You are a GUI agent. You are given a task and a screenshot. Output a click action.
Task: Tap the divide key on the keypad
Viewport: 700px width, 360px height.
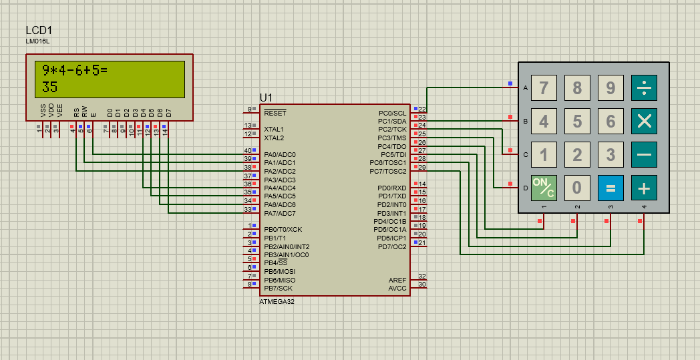(644, 87)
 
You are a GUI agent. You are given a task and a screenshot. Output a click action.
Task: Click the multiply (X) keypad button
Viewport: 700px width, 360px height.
(644, 121)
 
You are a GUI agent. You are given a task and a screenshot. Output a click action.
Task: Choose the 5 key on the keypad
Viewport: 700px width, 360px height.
(577, 121)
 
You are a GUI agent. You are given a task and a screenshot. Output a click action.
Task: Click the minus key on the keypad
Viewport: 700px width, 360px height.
(644, 155)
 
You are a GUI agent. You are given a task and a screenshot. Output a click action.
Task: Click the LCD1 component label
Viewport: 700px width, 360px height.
(39, 30)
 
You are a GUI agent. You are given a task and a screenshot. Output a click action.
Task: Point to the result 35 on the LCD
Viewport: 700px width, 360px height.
(50, 87)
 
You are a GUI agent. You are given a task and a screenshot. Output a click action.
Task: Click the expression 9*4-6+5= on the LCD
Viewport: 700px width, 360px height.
(75, 70)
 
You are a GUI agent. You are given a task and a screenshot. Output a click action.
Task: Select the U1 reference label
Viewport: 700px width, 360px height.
(266, 98)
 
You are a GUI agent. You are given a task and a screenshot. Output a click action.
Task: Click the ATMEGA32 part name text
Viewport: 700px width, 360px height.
(277, 302)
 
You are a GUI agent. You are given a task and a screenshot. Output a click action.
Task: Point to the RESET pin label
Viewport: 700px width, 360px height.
(275, 114)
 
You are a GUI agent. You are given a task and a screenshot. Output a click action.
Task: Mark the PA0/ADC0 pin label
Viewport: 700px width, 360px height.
(279, 154)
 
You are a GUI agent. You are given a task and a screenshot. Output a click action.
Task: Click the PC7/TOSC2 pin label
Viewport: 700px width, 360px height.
(387, 171)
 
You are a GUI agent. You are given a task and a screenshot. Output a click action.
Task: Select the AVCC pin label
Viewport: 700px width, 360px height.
(397, 288)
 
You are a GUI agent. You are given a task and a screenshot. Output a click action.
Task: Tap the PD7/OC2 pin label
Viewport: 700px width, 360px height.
(391, 246)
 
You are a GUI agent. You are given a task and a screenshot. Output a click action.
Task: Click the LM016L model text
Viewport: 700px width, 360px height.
(37, 41)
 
